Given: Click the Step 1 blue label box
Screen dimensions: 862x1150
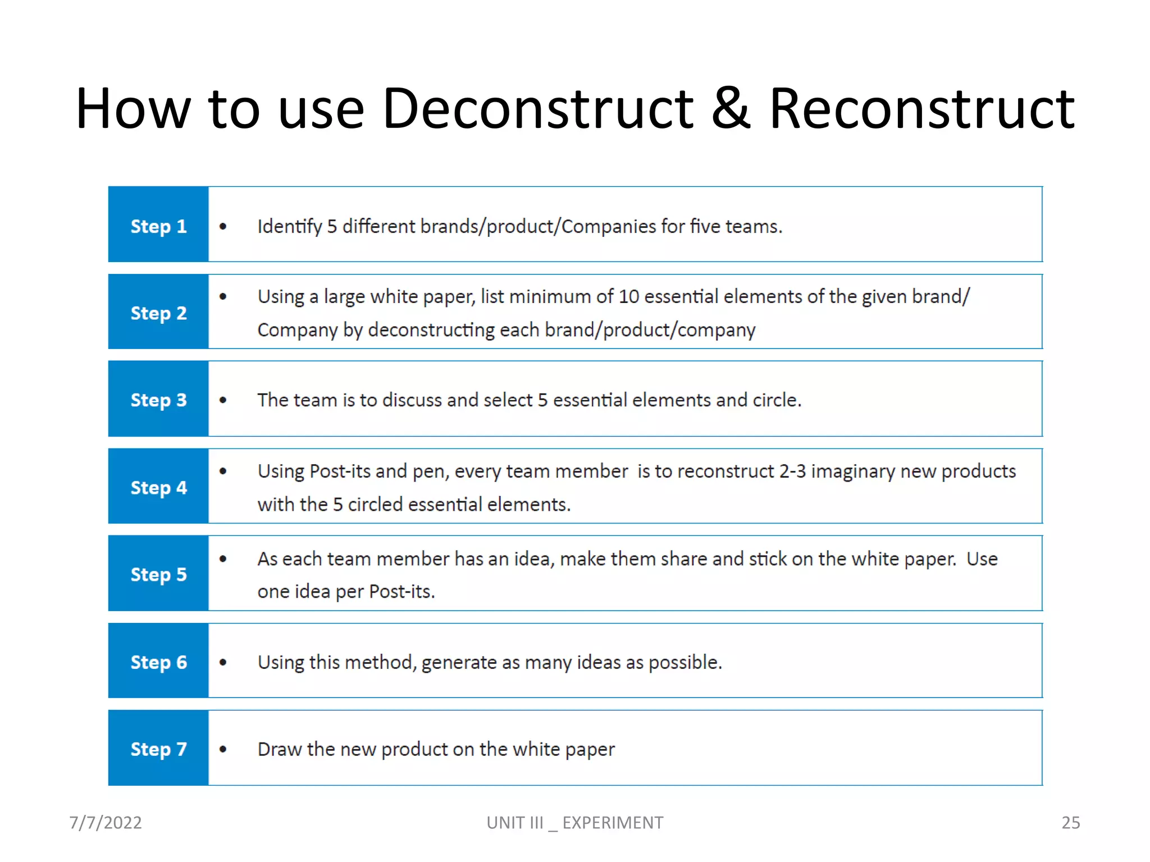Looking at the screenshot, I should pos(158,224).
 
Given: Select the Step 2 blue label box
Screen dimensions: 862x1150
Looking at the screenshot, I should pos(158,312).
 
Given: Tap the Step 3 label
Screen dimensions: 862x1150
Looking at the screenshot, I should pos(158,399).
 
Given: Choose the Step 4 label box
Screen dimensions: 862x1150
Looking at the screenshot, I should pos(158,487).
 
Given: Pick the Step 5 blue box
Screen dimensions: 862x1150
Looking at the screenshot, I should pos(158,574).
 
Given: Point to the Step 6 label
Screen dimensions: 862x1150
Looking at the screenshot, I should pos(158,661).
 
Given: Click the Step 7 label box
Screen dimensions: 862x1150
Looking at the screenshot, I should pos(158,748).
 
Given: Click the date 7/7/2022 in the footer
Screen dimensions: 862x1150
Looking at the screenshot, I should pos(106,823).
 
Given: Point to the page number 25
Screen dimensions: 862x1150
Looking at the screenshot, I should pos(1070,823).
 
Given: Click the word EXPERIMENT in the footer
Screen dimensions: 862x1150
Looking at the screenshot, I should pos(613,823).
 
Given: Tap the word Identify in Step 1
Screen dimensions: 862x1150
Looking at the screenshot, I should pos(290,227).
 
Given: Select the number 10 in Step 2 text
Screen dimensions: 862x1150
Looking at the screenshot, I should pos(628,297).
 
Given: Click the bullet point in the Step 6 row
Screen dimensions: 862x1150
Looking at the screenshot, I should pos(223,663).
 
